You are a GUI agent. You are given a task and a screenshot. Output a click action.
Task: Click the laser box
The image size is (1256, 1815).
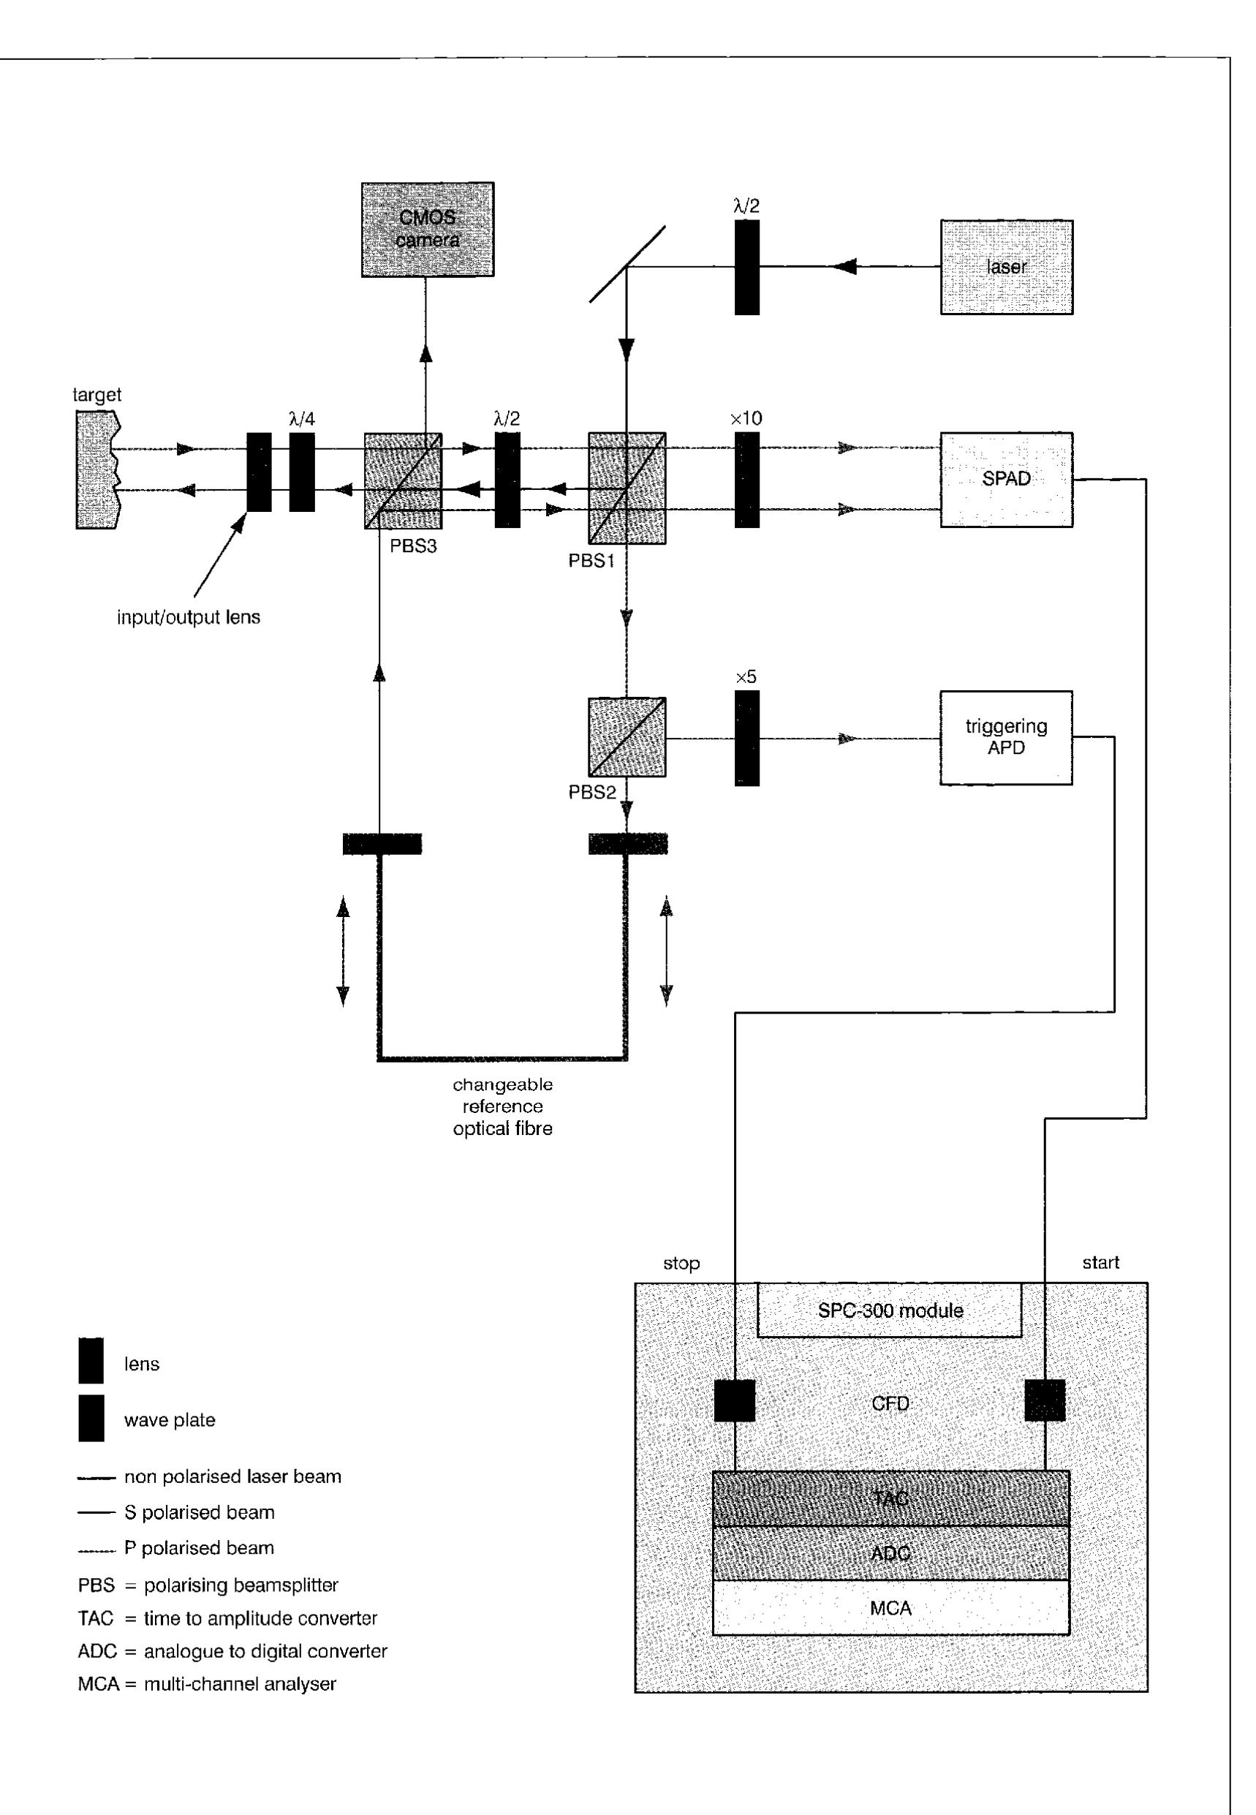tap(1006, 268)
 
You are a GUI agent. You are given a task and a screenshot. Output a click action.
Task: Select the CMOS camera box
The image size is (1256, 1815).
tap(428, 230)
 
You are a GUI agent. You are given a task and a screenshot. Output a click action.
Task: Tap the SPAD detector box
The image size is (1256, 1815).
tap(1006, 478)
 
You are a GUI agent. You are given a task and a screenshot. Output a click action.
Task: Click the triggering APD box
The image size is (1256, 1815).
tap(1006, 738)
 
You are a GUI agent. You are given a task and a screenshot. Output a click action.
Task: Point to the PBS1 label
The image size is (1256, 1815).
tap(591, 562)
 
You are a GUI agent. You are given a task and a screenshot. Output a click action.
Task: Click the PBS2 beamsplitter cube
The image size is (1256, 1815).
tap(627, 738)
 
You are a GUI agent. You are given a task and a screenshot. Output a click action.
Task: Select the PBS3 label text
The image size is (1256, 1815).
tap(413, 546)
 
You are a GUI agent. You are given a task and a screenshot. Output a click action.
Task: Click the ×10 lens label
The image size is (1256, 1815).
tap(746, 419)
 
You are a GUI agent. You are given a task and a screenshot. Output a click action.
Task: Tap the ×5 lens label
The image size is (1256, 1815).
tap(746, 677)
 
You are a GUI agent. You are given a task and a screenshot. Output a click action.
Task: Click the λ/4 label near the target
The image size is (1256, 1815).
tap(302, 420)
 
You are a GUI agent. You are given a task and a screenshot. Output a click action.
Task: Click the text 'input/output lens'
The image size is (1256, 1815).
tap(189, 617)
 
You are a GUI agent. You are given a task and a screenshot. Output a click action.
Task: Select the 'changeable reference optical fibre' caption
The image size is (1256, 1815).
tap(502, 1106)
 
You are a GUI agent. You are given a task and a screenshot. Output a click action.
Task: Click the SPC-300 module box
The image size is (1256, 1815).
tap(889, 1310)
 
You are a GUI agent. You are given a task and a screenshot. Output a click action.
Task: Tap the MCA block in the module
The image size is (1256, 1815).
tap(890, 1608)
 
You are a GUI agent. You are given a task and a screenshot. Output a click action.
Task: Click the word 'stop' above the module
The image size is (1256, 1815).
tap(681, 1263)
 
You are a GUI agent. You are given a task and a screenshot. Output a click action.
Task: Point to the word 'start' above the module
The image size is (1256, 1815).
tap(1100, 1262)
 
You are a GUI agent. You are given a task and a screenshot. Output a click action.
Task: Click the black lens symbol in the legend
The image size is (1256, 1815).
tap(91, 1361)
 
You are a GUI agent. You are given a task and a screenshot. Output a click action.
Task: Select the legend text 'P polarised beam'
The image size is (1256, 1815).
tap(199, 1548)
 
